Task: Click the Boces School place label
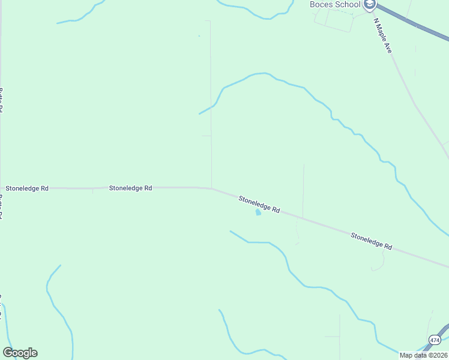(x=335, y=5)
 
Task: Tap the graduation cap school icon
(x=370, y=5)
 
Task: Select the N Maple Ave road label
(x=382, y=36)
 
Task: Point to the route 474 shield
(x=434, y=340)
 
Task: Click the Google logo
(x=20, y=353)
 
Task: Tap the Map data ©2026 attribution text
(x=423, y=355)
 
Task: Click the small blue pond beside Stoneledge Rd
(x=259, y=212)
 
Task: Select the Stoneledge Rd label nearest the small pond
(x=259, y=204)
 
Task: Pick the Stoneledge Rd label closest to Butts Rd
(x=27, y=188)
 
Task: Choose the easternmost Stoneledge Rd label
(x=372, y=242)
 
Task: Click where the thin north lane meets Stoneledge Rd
(x=211, y=188)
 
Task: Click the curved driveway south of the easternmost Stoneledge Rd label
(x=380, y=265)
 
